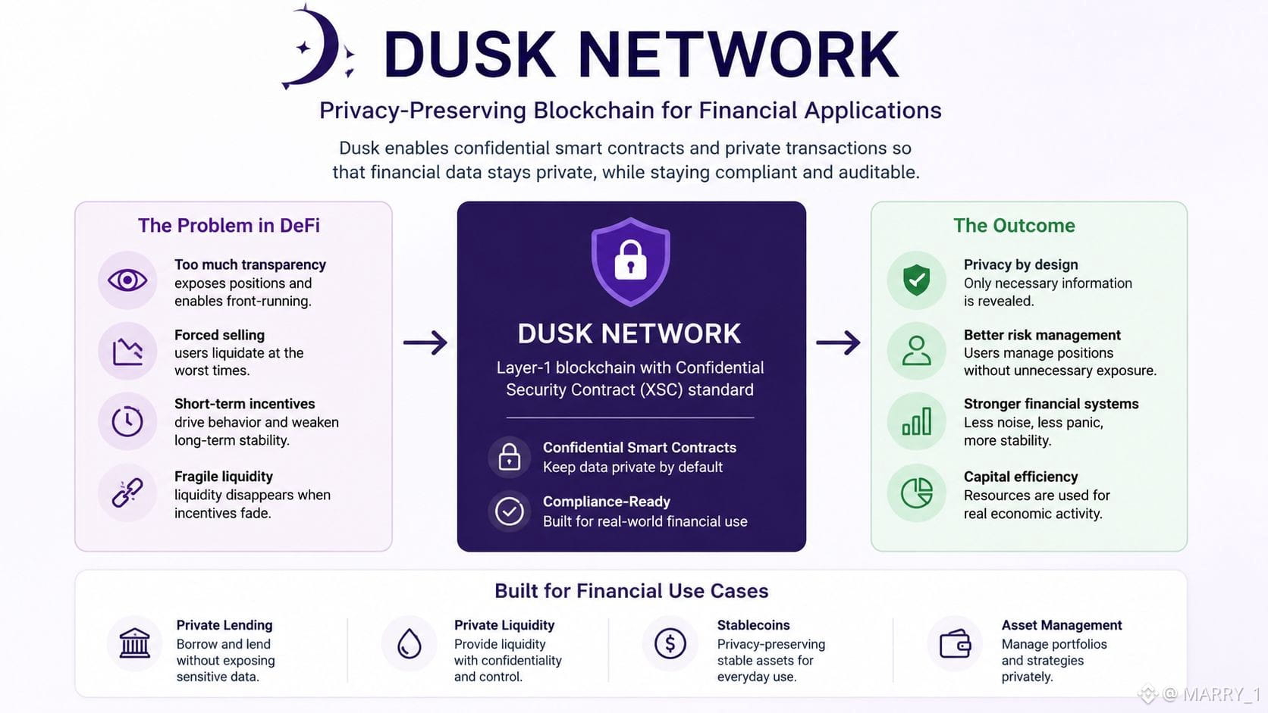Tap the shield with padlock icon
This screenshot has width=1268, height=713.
(x=631, y=262)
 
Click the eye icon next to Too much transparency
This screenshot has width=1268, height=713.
(x=127, y=280)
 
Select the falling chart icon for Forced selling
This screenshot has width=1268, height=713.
(x=127, y=351)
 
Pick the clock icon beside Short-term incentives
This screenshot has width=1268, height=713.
(x=127, y=421)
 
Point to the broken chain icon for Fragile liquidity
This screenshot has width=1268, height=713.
(x=127, y=493)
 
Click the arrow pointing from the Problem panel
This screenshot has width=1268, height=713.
(x=425, y=342)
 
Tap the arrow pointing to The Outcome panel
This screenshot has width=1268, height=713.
(x=838, y=342)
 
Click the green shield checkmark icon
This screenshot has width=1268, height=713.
(x=916, y=280)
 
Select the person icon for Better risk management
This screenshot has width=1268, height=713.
(x=916, y=351)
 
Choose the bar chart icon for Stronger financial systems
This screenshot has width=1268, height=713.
(x=916, y=421)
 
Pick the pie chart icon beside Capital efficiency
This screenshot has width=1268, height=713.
(x=916, y=493)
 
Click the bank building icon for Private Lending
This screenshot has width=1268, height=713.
(x=135, y=643)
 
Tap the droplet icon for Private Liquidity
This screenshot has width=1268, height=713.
(x=409, y=643)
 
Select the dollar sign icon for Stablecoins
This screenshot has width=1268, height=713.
(x=670, y=643)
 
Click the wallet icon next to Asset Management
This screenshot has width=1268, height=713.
(x=956, y=643)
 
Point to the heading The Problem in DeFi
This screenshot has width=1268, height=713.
(x=229, y=226)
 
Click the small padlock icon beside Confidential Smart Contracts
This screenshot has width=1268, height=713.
(x=509, y=456)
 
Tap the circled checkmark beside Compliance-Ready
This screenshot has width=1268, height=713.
(x=509, y=511)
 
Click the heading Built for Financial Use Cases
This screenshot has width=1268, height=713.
(x=631, y=591)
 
